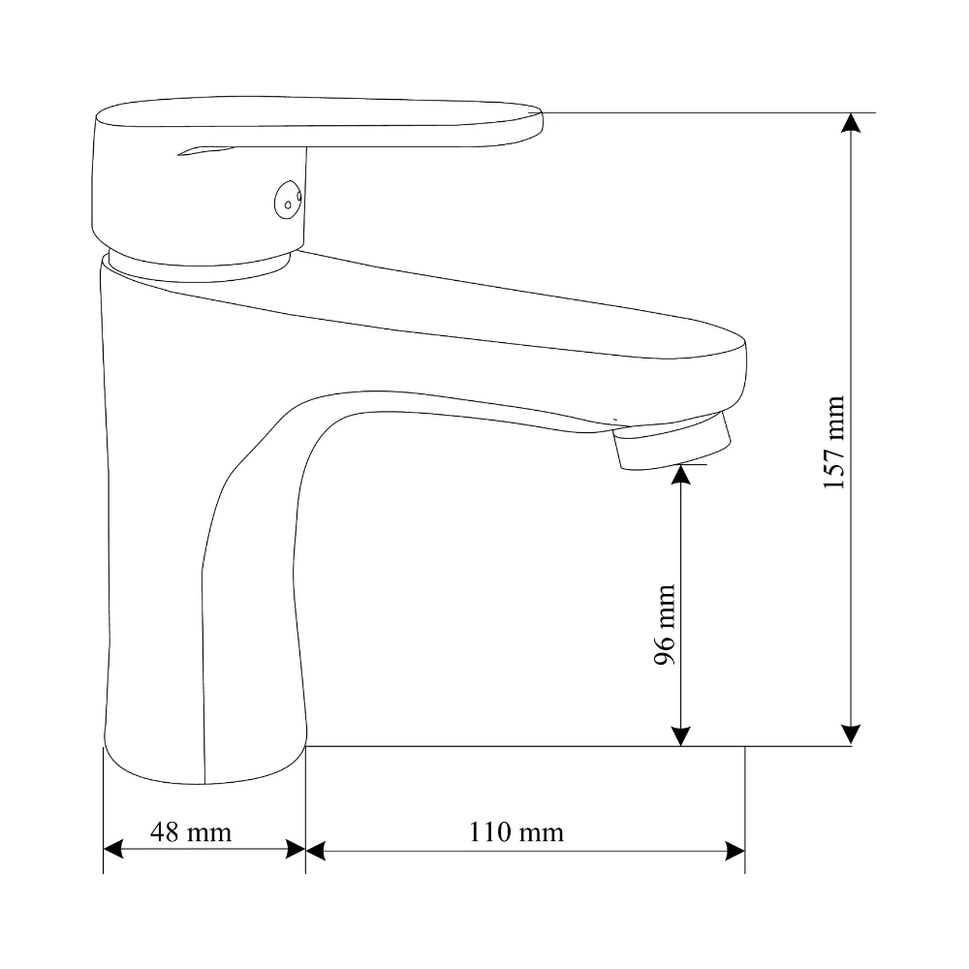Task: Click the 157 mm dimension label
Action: point(834,443)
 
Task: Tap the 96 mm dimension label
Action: point(665,624)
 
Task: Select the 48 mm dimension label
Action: point(191,831)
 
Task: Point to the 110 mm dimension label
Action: point(516,831)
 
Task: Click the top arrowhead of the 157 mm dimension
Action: point(851,123)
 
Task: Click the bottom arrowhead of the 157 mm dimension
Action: point(851,735)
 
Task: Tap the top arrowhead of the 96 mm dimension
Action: point(680,474)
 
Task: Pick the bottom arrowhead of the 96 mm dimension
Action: point(680,736)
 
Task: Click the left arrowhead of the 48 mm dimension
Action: point(113,849)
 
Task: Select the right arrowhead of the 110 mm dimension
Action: point(735,851)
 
